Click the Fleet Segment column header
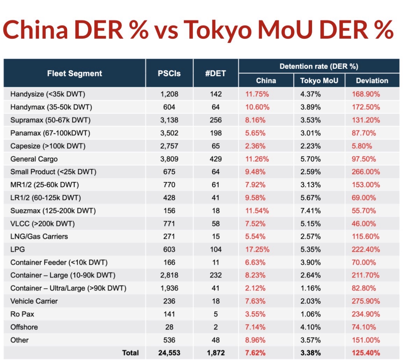[74, 73]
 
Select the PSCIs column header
[169, 73]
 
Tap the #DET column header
[216, 73]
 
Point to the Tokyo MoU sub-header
[319, 81]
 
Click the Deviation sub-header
[372, 81]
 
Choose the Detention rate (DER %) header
[319, 66]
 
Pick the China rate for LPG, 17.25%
[257, 249]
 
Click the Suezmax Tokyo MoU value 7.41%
[311, 211]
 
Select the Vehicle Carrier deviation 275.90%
[366, 301]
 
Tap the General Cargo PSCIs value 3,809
[169, 159]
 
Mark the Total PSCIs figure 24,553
[169, 353]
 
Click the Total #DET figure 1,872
[216, 353]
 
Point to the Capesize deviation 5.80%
[362, 146]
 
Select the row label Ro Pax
[22, 314]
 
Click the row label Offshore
[24, 327]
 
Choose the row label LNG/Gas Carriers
[39, 236]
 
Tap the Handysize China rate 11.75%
[257, 94]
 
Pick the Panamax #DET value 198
[216, 133]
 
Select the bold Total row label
[130, 353]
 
